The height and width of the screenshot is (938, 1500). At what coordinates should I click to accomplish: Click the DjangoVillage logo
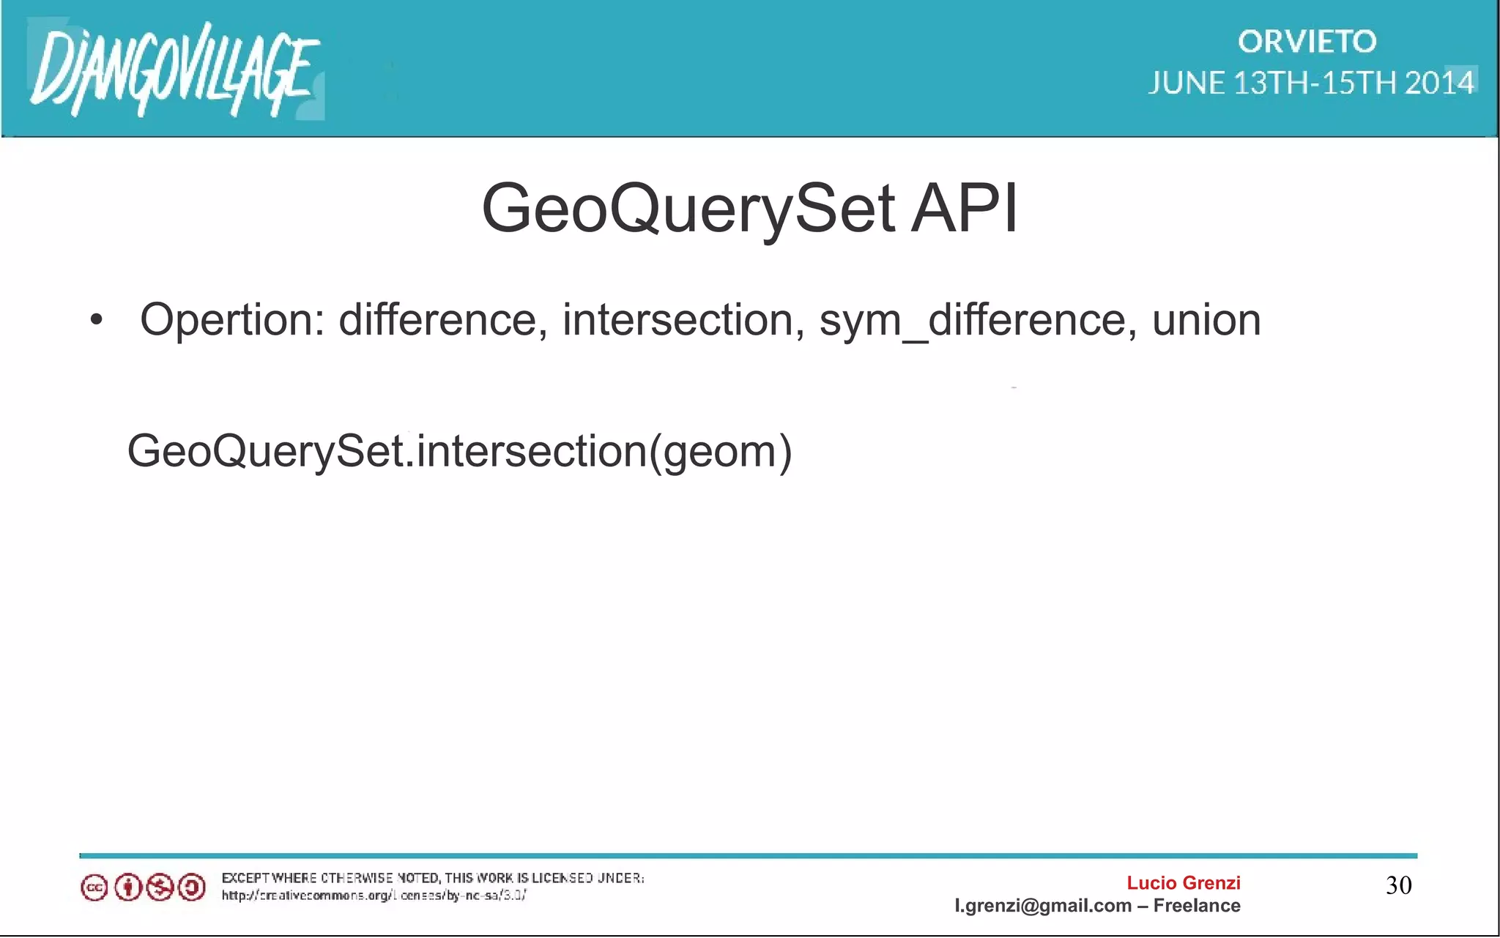coord(174,70)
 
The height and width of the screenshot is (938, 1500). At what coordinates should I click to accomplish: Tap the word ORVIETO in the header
coord(1307,42)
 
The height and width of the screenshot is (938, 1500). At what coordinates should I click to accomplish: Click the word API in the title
coord(964,209)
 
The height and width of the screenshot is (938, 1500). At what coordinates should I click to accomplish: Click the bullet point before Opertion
coord(97,320)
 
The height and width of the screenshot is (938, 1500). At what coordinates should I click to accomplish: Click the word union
coord(1206,320)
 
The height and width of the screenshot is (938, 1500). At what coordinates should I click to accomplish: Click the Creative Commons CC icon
coord(94,888)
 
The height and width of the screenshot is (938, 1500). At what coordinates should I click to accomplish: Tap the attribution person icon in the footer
coord(127,888)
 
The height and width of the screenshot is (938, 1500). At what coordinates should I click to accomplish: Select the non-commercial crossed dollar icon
coord(160,888)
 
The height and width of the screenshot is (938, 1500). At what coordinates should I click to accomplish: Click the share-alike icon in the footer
coord(192,888)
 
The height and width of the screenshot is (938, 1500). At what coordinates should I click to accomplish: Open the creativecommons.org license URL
coord(374,896)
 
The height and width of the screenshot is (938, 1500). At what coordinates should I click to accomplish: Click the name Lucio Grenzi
coord(1183,883)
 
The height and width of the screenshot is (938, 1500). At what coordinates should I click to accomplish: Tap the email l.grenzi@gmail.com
coord(1043,906)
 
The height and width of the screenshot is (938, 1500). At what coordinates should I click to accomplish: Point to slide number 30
coord(1398,885)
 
